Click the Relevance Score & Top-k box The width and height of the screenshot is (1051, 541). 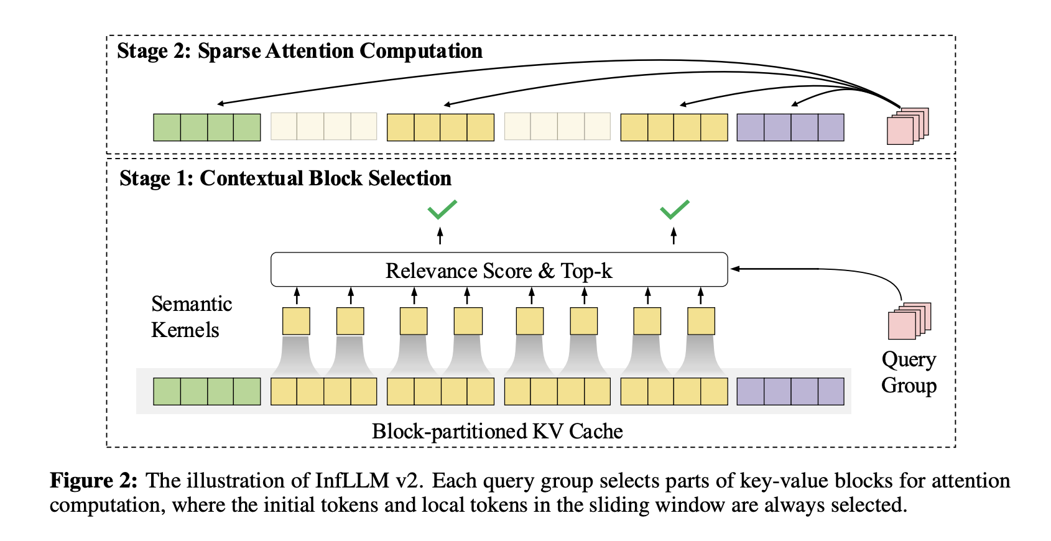499,270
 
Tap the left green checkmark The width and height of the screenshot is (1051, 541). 442,210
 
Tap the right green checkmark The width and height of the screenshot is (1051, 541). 674,210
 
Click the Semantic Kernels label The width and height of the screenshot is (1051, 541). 191,317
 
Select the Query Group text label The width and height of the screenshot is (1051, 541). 909,372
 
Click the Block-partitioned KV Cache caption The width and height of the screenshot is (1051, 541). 497,431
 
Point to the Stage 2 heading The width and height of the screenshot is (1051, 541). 300,51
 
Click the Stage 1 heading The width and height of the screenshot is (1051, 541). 285,178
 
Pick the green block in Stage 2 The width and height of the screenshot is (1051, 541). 207,127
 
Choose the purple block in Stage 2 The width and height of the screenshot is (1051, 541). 790,127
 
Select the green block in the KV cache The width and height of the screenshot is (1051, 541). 207,392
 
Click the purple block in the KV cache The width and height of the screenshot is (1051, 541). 790,392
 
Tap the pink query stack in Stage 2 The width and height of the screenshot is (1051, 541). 907,126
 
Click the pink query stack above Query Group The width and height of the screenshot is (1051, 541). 909,321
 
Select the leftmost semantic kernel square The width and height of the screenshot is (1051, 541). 296,321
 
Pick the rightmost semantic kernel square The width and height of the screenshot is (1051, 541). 701,321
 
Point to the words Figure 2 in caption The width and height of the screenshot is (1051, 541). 93,481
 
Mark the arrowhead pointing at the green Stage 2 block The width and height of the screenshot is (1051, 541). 220,104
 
